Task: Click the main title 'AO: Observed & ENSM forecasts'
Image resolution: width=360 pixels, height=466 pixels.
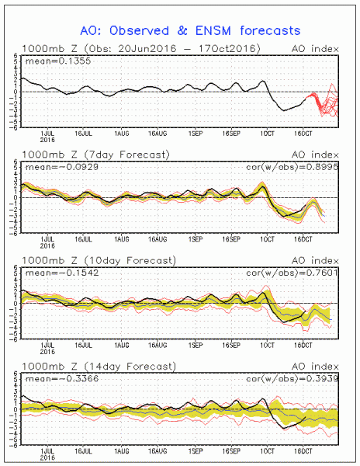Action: [180, 30]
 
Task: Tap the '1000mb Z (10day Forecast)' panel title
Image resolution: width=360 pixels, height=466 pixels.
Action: [99, 261]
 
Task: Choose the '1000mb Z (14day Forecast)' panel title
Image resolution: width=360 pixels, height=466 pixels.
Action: [99, 367]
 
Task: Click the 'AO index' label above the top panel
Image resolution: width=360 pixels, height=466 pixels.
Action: [319, 50]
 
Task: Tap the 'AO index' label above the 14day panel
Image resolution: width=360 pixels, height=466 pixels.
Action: [319, 367]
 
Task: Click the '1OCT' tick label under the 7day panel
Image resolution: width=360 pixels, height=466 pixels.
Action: [267, 236]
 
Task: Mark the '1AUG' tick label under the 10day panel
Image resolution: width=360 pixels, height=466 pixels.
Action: [121, 342]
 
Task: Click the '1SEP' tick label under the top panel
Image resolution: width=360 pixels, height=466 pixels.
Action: [196, 131]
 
